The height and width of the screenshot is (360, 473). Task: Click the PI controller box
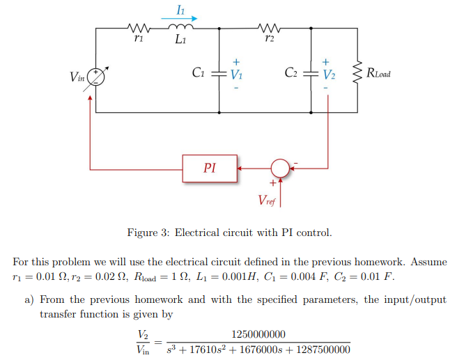[209, 168]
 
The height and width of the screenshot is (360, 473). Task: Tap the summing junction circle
[280, 168]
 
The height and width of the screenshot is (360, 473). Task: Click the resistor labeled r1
[137, 29]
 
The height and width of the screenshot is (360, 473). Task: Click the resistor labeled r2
[267, 29]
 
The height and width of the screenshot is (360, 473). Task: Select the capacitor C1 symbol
[219, 72]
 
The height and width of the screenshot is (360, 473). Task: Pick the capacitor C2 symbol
[311, 72]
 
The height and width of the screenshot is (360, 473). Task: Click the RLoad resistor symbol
[358, 72]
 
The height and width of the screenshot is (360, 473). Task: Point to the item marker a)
[30, 299]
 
